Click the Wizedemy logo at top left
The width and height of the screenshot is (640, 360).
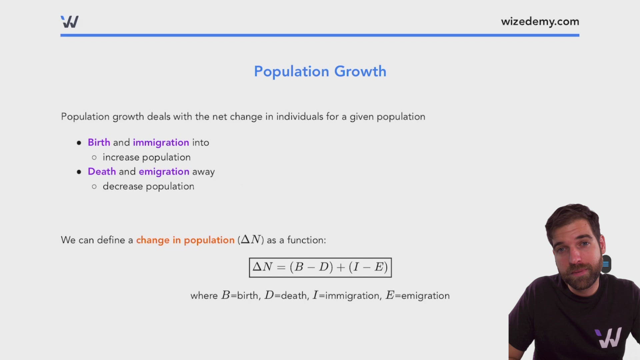click(x=70, y=22)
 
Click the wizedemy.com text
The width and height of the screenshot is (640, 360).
click(x=540, y=22)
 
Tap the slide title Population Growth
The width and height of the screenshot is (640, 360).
click(x=320, y=71)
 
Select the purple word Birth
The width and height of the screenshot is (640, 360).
click(x=99, y=142)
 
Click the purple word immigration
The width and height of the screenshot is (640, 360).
click(x=161, y=143)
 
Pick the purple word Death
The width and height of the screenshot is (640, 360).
click(x=102, y=171)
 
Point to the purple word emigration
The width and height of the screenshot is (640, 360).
click(x=164, y=172)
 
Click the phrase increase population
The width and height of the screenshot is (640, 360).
click(x=147, y=157)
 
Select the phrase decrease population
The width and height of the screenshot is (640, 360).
click(x=148, y=186)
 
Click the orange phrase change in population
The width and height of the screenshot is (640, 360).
click(x=185, y=240)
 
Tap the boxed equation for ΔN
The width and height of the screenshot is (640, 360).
click(x=320, y=267)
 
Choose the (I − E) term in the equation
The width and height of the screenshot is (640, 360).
click(x=368, y=267)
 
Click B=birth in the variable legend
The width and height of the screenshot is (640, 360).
click(x=240, y=296)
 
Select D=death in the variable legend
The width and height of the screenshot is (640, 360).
click(x=286, y=296)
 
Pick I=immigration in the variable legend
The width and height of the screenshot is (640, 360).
click(x=346, y=296)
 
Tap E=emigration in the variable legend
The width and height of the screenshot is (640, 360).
click(x=418, y=296)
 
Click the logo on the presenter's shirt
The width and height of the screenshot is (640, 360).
click(x=608, y=338)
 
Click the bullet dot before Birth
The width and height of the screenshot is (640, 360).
click(x=79, y=143)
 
